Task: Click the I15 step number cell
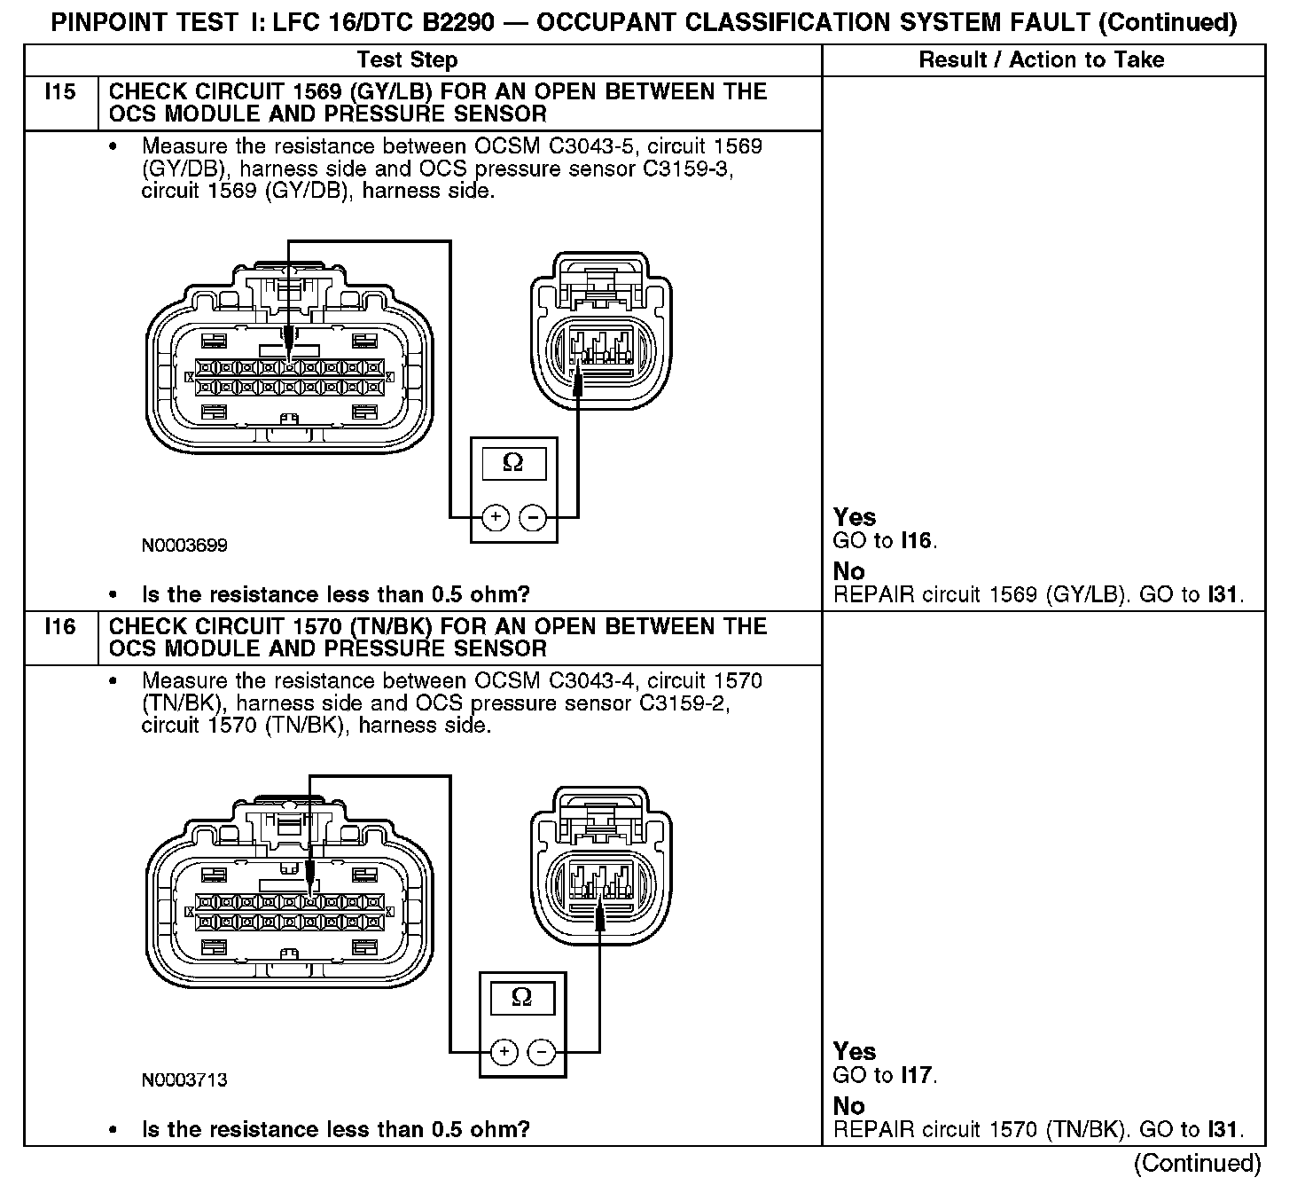click(x=59, y=92)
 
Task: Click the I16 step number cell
click(x=59, y=627)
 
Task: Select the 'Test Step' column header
click(x=407, y=60)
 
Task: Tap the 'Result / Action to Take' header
click(x=1042, y=60)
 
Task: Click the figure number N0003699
click(x=184, y=546)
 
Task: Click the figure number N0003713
click(x=184, y=1080)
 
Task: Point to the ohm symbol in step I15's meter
click(x=512, y=462)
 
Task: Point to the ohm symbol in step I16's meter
click(x=521, y=997)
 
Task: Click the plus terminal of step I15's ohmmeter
click(x=496, y=516)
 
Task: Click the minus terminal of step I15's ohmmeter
click(x=533, y=516)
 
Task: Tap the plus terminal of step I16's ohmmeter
click(x=504, y=1052)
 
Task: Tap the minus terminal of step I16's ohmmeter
click(x=542, y=1052)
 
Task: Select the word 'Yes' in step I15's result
click(x=855, y=517)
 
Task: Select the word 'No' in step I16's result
click(x=848, y=1106)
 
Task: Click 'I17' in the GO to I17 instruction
click(x=917, y=1076)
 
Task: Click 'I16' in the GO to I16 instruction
click(x=917, y=541)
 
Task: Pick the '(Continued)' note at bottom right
click(x=1197, y=1163)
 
